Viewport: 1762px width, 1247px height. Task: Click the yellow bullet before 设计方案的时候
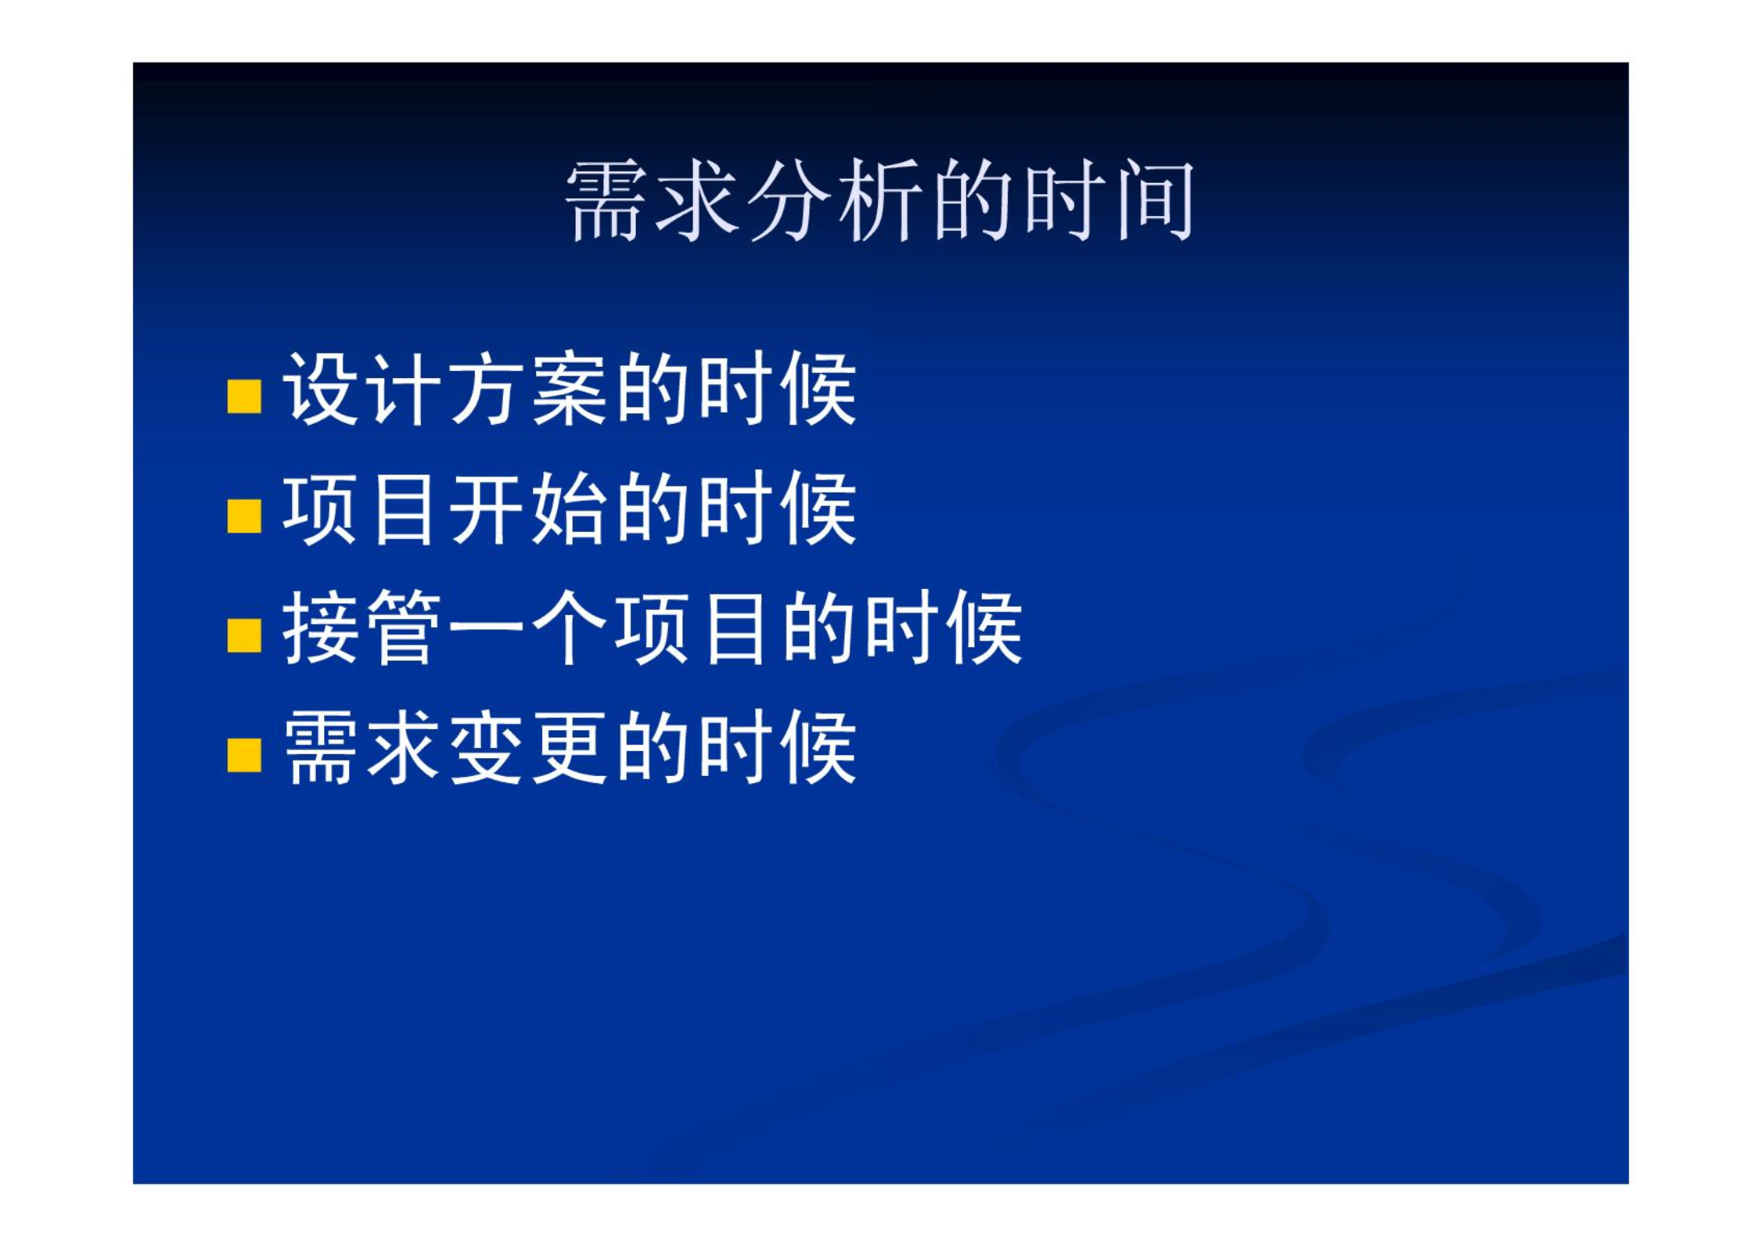(x=244, y=396)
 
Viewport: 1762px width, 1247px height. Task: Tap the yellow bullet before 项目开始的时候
(x=244, y=516)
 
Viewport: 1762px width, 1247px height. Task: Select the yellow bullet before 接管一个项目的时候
(x=244, y=636)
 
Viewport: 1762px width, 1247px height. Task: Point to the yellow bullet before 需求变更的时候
(x=244, y=756)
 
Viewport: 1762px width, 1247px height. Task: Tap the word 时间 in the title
(x=1109, y=200)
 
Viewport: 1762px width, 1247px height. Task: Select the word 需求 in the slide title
(x=652, y=200)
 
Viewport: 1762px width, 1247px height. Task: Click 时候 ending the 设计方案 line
(x=779, y=389)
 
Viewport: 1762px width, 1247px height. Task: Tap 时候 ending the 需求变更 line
(x=779, y=748)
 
